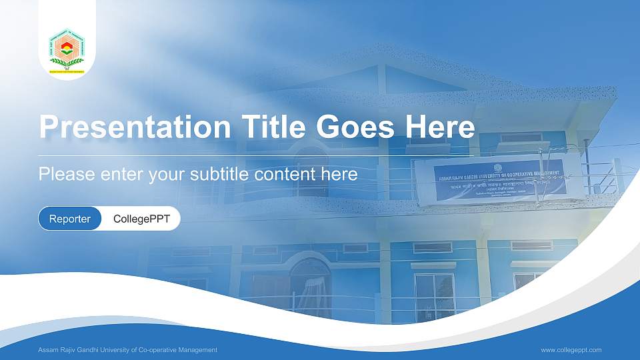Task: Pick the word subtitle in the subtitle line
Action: [x=223, y=175]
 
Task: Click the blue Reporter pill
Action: [x=70, y=219]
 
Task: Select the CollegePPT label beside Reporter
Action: [x=141, y=219]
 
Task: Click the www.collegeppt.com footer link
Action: [x=571, y=350]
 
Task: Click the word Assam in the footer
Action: [x=49, y=350]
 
